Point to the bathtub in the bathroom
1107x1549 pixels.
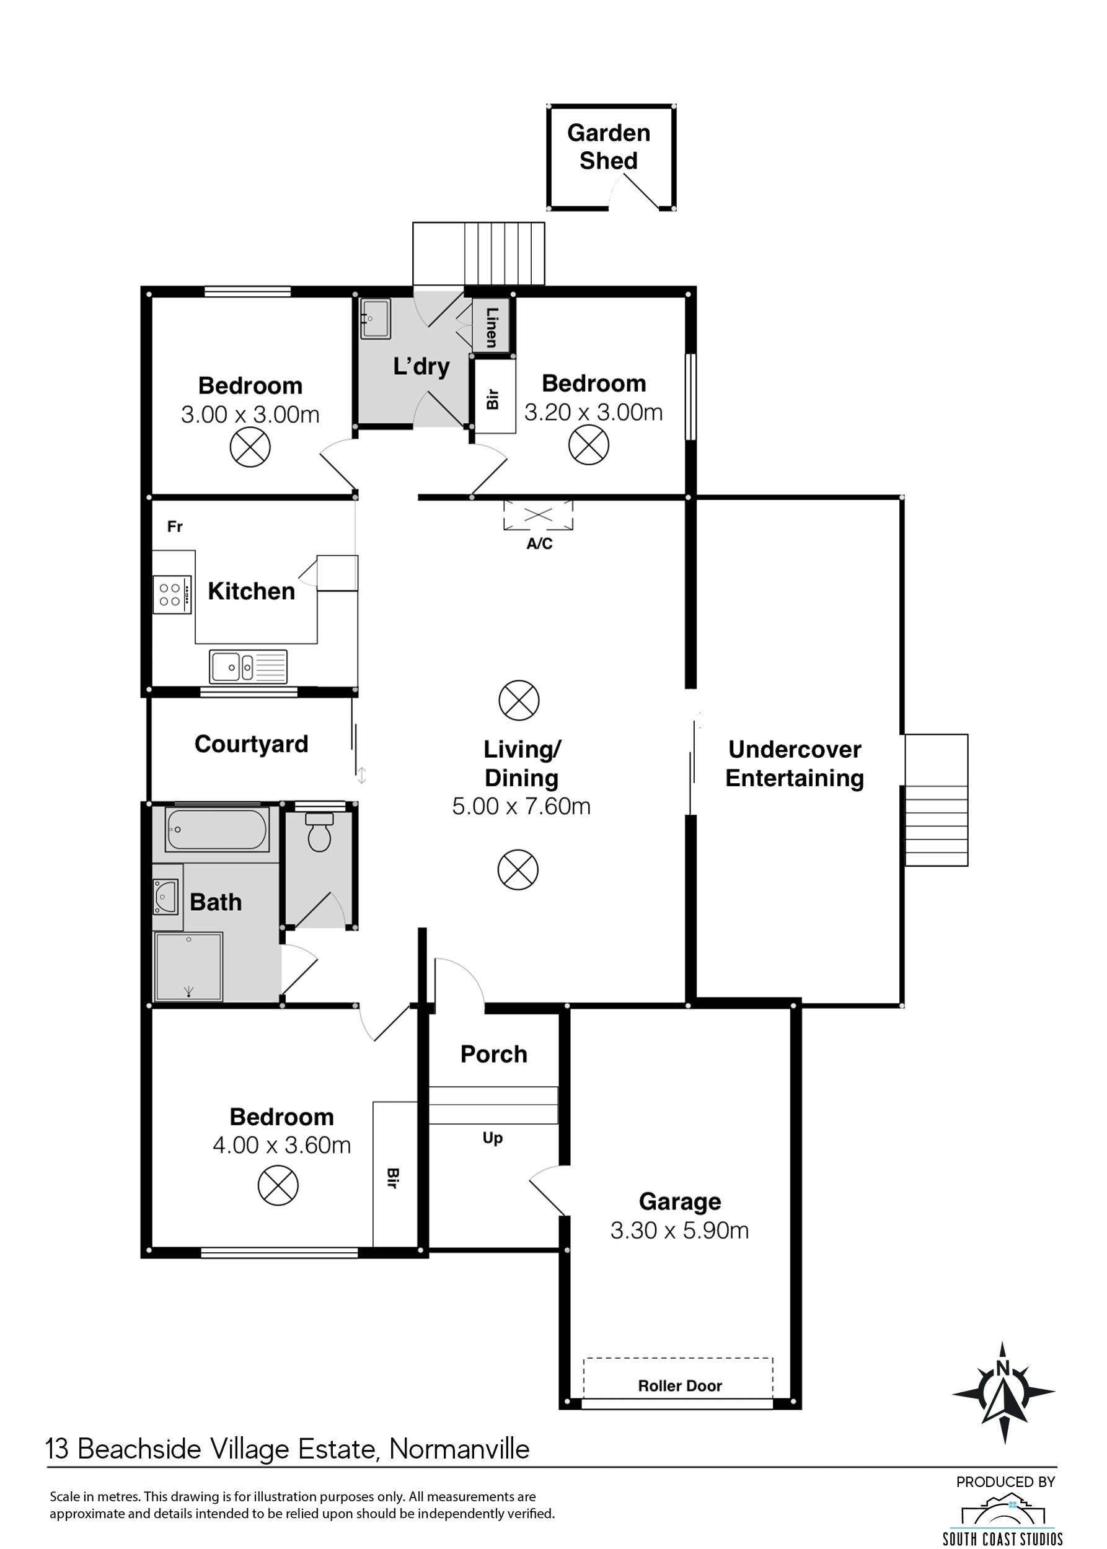(x=217, y=828)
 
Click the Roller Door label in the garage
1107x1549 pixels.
(x=679, y=1385)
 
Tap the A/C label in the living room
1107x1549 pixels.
(x=539, y=543)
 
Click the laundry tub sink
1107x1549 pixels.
(x=375, y=318)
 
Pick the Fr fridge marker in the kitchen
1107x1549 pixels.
(x=175, y=526)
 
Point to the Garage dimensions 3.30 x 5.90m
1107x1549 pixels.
(x=679, y=1230)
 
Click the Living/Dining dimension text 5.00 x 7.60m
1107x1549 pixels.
(x=521, y=806)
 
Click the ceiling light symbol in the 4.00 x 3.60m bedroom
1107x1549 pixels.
(x=278, y=1185)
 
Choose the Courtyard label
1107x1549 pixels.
(x=252, y=744)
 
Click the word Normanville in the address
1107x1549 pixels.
(x=459, y=1449)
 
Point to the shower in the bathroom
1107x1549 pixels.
(x=189, y=967)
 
